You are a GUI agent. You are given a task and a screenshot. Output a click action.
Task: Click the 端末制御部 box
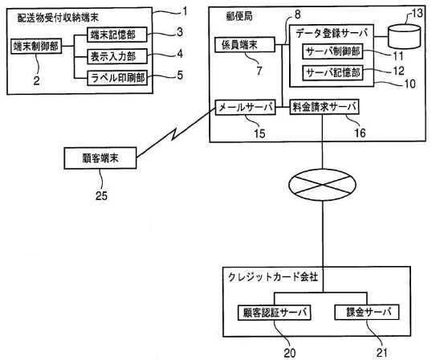pos(36,46)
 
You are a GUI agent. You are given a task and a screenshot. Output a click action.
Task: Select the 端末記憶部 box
pos(117,35)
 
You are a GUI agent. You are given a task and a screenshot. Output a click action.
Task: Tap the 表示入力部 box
pos(117,56)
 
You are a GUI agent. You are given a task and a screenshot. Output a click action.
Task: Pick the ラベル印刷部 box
pos(117,78)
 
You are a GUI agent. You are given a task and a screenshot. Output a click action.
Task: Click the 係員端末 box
pos(245,44)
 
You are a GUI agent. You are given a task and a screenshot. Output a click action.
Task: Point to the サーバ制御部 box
pos(332,51)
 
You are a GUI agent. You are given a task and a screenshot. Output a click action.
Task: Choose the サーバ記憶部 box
pos(332,73)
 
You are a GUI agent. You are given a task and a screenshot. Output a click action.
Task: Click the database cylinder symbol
pos(405,36)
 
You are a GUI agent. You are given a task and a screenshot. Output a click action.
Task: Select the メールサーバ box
pos(245,107)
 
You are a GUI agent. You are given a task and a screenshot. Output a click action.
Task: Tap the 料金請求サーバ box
pos(324,107)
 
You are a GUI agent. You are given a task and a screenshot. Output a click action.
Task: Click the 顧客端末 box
pos(100,158)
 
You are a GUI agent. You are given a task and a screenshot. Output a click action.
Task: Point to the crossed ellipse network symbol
pos(323,185)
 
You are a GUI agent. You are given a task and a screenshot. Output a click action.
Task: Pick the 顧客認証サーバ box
pos(275,313)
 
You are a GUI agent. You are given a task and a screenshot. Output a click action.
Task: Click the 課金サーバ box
pos(367,312)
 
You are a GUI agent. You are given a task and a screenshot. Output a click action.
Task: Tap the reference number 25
pos(101,196)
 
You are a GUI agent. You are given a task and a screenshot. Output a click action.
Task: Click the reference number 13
pos(417,13)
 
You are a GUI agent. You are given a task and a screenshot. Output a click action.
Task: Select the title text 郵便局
pos(239,16)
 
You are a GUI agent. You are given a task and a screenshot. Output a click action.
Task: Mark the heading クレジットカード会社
pos(273,276)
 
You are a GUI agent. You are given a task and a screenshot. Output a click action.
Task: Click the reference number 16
pos(360,133)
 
